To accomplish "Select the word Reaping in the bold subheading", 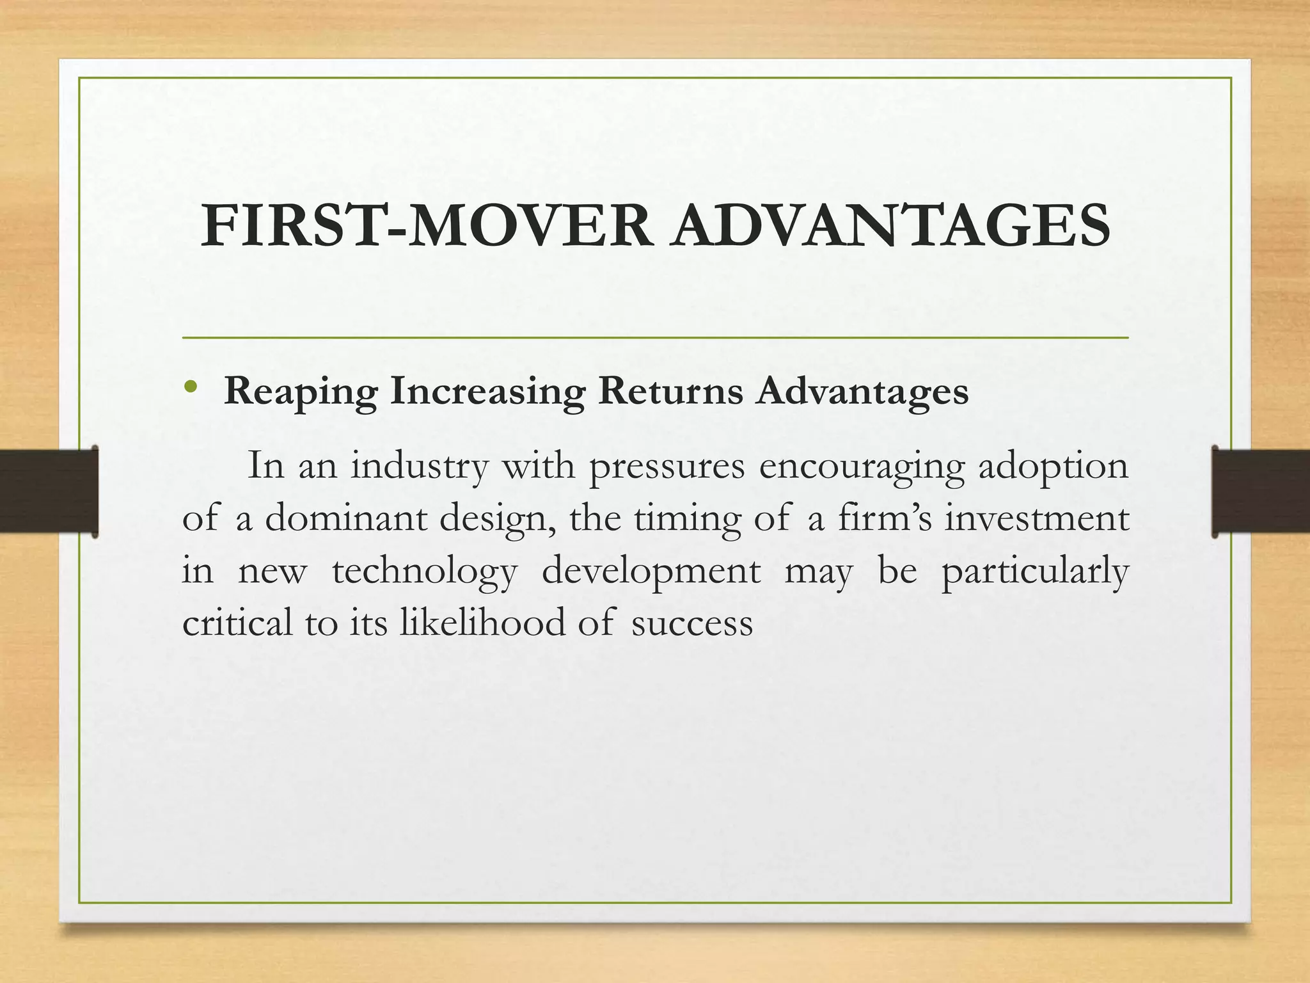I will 301,392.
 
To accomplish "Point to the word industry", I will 419,466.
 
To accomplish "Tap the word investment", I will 1037,518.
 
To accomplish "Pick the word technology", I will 424,571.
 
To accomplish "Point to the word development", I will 651,571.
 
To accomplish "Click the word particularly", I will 1034,571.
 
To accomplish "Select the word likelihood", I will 482,622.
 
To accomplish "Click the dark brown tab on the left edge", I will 49,491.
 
